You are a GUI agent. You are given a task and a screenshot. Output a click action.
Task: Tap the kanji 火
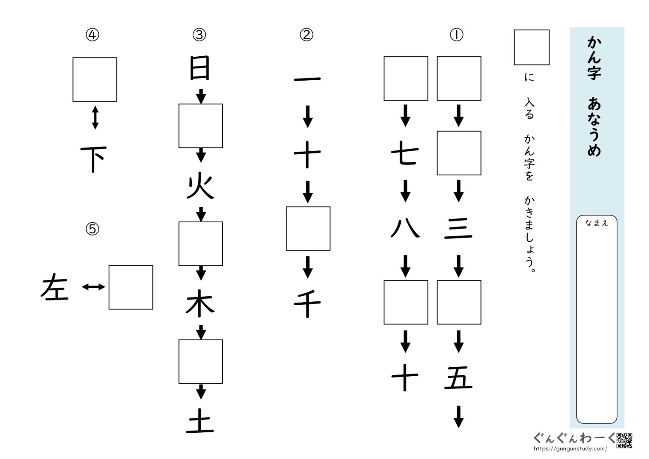[x=200, y=187]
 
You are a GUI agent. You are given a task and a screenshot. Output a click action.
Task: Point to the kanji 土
[x=200, y=423]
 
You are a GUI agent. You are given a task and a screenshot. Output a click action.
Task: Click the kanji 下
[x=94, y=159]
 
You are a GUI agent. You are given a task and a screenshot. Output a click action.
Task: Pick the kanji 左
[x=55, y=287]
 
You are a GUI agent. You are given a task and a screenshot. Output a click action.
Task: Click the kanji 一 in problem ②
[x=307, y=79]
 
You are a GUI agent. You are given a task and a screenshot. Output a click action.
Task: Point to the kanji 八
[x=405, y=229]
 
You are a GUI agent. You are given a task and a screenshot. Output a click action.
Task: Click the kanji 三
[x=458, y=229]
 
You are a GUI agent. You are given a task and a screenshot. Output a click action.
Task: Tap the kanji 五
[x=458, y=378]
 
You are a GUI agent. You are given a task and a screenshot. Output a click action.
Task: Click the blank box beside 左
[x=131, y=287]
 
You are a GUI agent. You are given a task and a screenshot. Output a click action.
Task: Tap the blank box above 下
[x=95, y=79]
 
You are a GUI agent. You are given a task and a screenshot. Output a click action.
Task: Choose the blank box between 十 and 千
[x=308, y=229]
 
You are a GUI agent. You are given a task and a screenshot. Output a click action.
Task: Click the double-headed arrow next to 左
[x=93, y=287]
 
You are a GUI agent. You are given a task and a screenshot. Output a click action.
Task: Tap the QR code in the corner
[x=624, y=440]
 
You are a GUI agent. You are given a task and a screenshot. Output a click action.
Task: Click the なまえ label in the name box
[x=596, y=224]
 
